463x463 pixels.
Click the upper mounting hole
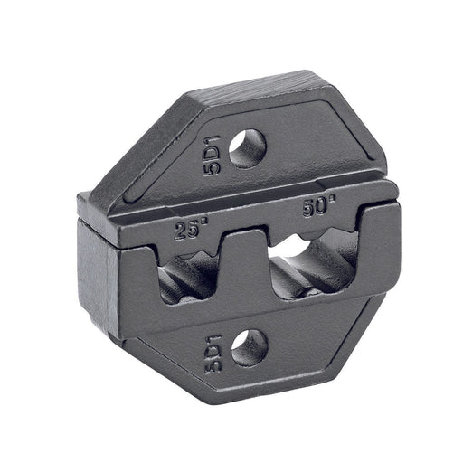(248, 148)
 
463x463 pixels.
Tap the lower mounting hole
(250, 348)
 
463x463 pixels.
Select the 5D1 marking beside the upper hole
(212, 156)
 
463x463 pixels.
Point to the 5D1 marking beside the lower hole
(213, 354)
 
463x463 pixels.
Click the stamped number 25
(186, 231)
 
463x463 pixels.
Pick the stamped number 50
(315, 208)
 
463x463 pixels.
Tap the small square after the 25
(204, 223)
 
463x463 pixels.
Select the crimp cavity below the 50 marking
(314, 265)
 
